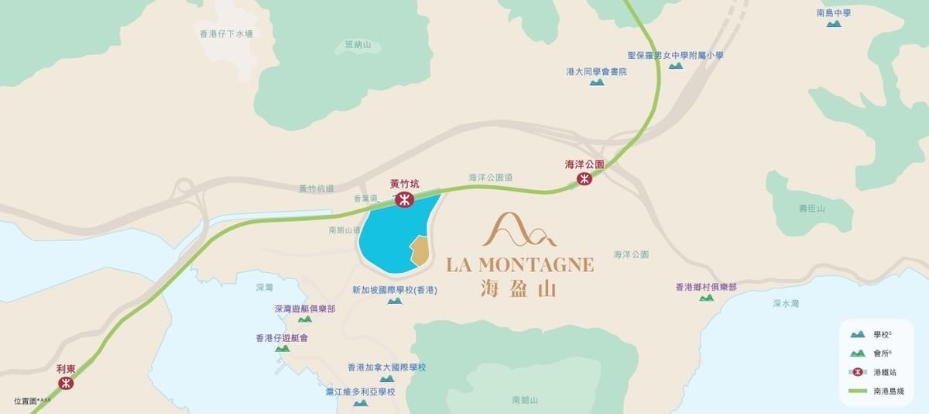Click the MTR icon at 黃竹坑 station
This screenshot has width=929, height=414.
pos(404,200)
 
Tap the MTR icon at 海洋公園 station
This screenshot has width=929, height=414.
pos(584,179)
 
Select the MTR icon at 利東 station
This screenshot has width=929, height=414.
pos(66,383)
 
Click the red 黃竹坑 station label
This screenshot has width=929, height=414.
pos(404,185)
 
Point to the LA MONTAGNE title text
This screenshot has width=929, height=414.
pos(520,264)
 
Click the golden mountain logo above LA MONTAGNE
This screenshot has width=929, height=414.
pos(519,229)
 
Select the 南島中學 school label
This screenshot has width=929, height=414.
pos(834,12)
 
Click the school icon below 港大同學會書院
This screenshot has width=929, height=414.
pos(596,82)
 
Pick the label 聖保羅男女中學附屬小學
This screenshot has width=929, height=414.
pos(675,55)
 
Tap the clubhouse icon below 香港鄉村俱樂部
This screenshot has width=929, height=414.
pos(706,298)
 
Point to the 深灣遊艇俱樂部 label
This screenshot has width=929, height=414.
pos(304,309)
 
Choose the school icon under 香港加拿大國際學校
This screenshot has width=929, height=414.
pos(386,378)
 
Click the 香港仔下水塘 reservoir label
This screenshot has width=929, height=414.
pos(227,34)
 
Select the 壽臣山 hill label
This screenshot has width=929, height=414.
pos(812,209)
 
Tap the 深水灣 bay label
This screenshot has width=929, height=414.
pos(786,304)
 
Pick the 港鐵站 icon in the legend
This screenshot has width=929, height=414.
pos(857,372)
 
